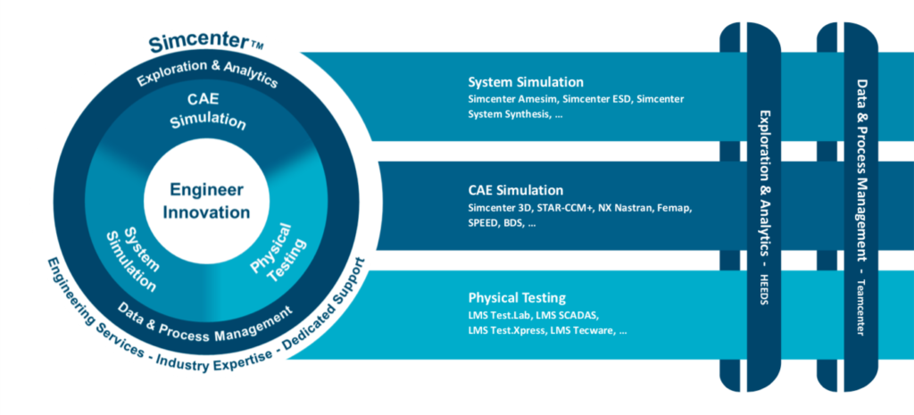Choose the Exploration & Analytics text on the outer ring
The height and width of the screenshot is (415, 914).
coord(207,73)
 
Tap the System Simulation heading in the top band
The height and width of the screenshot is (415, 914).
coord(526,82)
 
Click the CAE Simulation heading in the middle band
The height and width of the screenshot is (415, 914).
coord(515,190)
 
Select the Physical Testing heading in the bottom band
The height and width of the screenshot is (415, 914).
coord(517,297)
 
